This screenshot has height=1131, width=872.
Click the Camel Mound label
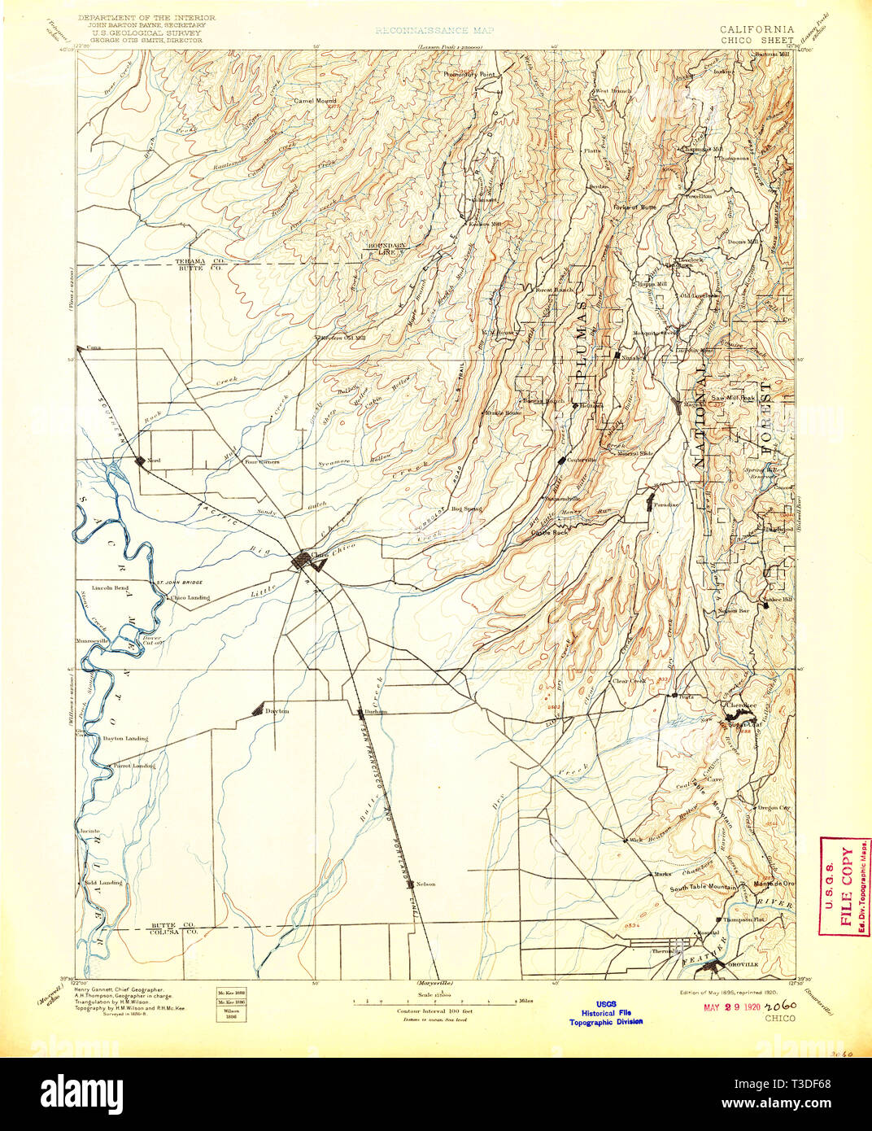pyautogui.click(x=315, y=101)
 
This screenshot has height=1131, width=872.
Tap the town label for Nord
pyautogui.click(x=154, y=461)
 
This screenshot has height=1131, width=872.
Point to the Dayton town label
pyautogui.click(x=277, y=711)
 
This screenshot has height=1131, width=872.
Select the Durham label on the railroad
pyautogui.click(x=376, y=711)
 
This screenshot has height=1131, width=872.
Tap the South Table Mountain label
pyautogui.click(x=703, y=888)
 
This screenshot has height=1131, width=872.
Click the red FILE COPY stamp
pyautogui.click(x=844, y=887)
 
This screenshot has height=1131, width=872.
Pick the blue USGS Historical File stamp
pyautogui.click(x=605, y=1012)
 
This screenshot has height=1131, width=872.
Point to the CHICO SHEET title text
pyautogui.click(x=756, y=40)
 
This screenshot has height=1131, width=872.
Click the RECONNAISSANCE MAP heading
pyautogui.click(x=434, y=30)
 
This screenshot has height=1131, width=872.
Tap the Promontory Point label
pyautogui.click(x=469, y=74)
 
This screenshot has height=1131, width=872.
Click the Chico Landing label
pyautogui.click(x=190, y=597)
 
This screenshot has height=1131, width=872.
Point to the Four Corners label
pyautogui.click(x=262, y=461)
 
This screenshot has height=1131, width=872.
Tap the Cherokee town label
pyautogui.click(x=741, y=705)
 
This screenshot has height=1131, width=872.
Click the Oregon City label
pyautogui.click(x=774, y=808)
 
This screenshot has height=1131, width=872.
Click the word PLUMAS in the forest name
pyautogui.click(x=581, y=341)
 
